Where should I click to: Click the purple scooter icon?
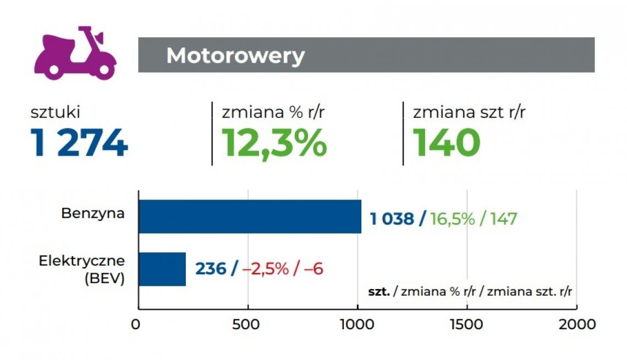pos(75,53)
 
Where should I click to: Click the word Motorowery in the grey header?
pos(235,56)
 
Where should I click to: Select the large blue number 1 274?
pos(80,143)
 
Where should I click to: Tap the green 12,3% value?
pos(274,143)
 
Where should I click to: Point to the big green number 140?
pos(447,143)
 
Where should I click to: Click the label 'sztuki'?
pos(56,113)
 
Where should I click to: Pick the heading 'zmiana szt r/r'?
pos(469,113)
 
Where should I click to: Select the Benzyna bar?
pos(250,217)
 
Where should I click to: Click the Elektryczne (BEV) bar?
pos(162,269)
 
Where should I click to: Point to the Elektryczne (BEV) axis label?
pos(82,269)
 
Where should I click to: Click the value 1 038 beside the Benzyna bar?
pos(392,219)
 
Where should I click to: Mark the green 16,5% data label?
pos(453,219)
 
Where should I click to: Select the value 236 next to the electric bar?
pos(211,269)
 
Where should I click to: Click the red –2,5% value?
pos(266,269)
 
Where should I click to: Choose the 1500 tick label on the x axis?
pos(467,324)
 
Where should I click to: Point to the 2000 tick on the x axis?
pos(576,324)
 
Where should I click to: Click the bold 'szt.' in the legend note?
pos(378,291)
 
